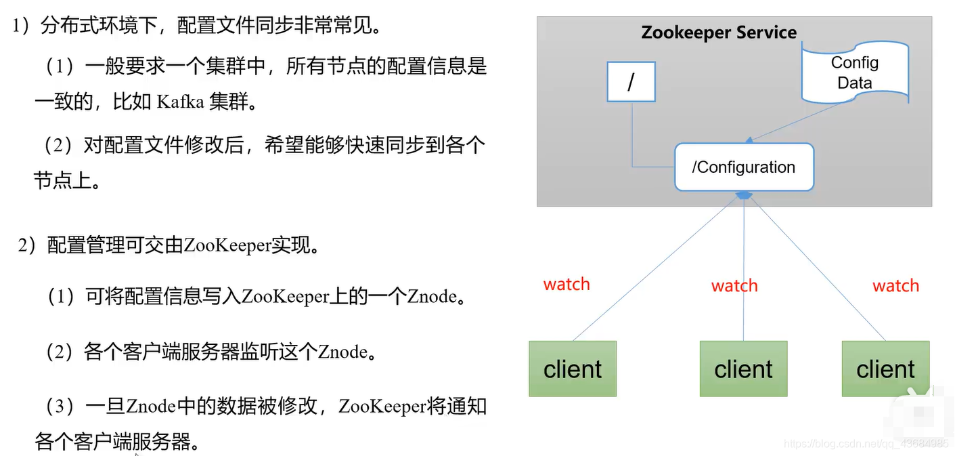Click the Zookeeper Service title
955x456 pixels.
719,33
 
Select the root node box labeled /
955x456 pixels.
631,81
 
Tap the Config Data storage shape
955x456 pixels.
854,72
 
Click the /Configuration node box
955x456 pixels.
744,167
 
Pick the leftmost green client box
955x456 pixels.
573,369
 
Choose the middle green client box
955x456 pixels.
743,369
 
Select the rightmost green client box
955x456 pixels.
885,369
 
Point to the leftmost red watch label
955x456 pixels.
567,285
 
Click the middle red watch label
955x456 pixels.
734,286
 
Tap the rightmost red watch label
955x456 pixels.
895,286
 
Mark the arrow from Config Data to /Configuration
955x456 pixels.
799,122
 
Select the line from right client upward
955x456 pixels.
819,271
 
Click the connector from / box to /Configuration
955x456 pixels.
633,142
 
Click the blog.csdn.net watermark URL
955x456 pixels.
866,444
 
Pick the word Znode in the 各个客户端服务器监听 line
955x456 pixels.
342,353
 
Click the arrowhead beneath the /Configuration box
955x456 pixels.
744,195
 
